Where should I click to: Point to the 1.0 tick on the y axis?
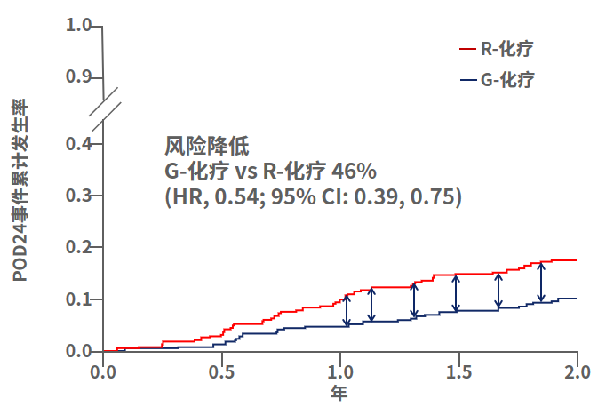coord(79,26)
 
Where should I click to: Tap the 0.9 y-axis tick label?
coord(79,77)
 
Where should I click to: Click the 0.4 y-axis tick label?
coord(79,143)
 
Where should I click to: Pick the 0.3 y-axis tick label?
coord(79,196)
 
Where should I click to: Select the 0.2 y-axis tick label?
coord(79,247)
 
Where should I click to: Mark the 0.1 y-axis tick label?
coord(79,299)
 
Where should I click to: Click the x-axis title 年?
coord(339,391)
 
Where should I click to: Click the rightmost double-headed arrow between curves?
coord(541,281)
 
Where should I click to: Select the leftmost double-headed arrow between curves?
coord(347,308)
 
